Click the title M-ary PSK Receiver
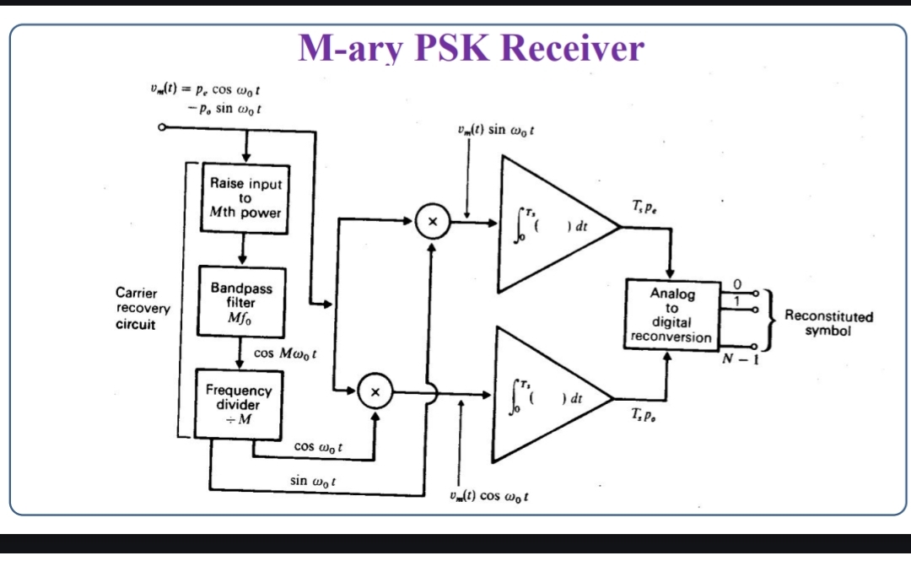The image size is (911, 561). pyautogui.click(x=471, y=48)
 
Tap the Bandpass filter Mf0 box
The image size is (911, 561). pyautogui.click(x=241, y=302)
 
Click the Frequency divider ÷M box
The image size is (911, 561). pyautogui.click(x=239, y=403)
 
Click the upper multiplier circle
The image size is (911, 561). pyautogui.click(x=432, y=222)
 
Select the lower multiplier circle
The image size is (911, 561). pyautogui.click(x=376, y=391)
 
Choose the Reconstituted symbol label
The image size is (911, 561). pyautogui.click(x=828, y=323)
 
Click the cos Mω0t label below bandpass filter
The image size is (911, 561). pyautogui.click(x=285, y=353)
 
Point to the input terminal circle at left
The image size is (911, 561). pyautogui.click(x=162, y=127)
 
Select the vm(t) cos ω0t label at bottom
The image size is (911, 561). pyautogui.click(x=491, y=496)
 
